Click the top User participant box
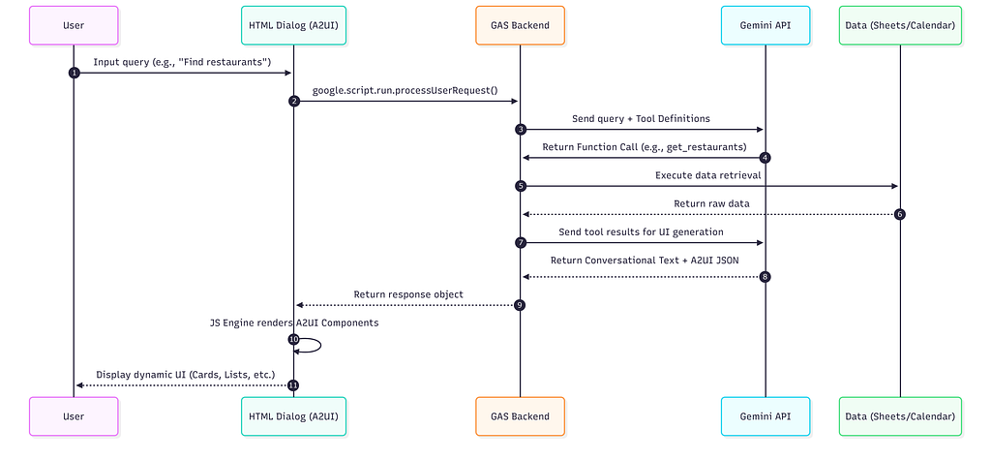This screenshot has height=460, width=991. click(74, 25)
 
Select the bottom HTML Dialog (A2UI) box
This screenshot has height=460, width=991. click(293, 416)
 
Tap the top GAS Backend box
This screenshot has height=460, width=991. click(520, 25)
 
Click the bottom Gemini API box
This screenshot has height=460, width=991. click(766, 416)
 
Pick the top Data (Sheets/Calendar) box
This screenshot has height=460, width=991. click(900, 25)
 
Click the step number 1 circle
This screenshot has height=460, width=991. click(74, 73)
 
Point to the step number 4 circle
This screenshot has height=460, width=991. click(766, 158)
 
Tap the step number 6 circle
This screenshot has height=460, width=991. click(900, 214)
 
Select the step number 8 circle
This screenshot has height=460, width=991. click(766, 277)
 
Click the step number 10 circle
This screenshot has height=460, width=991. click(293, 340)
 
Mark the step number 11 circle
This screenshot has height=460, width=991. click(292, 385)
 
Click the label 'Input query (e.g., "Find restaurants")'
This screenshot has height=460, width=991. click(182, 62)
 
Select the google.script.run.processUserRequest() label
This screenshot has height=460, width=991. click(405, 90)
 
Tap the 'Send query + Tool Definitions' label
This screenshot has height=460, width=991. click(641, 118)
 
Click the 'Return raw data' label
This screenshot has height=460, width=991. click(711, 203)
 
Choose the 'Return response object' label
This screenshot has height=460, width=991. click(408, 294)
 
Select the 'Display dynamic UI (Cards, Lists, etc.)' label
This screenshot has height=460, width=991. click(186, 375)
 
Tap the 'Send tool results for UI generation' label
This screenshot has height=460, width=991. click(641, 231)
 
